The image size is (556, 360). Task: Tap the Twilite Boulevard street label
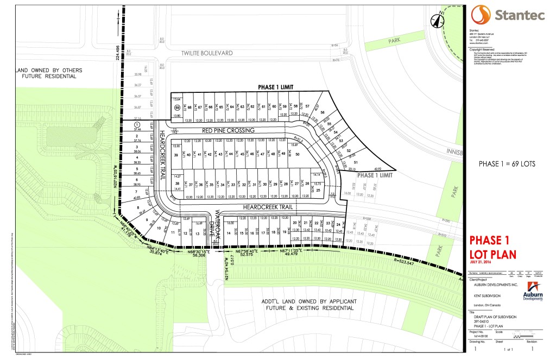(x=207, y=53)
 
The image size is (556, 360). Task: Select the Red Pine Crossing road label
(x=228, y=131)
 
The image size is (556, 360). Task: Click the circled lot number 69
(x=176, y=108)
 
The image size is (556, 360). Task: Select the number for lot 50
(x=298, y=154)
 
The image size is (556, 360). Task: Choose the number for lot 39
(x=176, y=155)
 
